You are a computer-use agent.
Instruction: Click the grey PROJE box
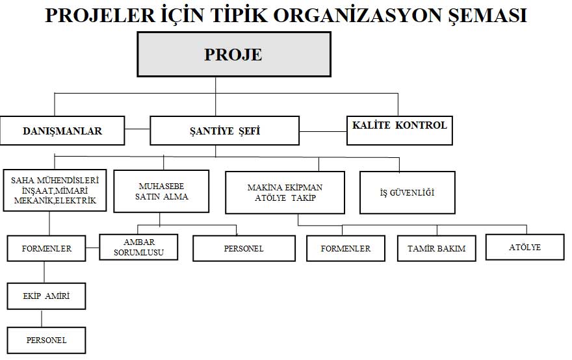[233, 55]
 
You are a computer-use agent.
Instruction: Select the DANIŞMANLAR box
[62, 131]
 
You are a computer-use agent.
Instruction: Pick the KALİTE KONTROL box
[399, 126]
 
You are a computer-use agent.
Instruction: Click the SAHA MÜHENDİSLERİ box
[55, 190]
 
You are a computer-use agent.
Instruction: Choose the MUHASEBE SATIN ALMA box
[161, 191]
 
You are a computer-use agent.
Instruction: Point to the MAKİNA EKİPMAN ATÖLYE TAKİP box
[285, 192]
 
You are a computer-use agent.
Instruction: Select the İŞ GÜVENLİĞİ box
[407, 192]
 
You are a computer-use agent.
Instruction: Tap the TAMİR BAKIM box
[436, 248]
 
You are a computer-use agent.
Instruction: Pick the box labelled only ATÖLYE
[525, 248]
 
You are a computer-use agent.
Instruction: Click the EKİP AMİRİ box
[46, 297]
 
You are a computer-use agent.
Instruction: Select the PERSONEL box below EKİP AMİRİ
[46, 340]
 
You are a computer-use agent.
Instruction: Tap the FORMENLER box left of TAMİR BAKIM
[346, 248]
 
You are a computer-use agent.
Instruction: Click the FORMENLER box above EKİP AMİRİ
[46, 248]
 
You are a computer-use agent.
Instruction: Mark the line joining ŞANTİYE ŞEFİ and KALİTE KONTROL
[323, 131]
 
